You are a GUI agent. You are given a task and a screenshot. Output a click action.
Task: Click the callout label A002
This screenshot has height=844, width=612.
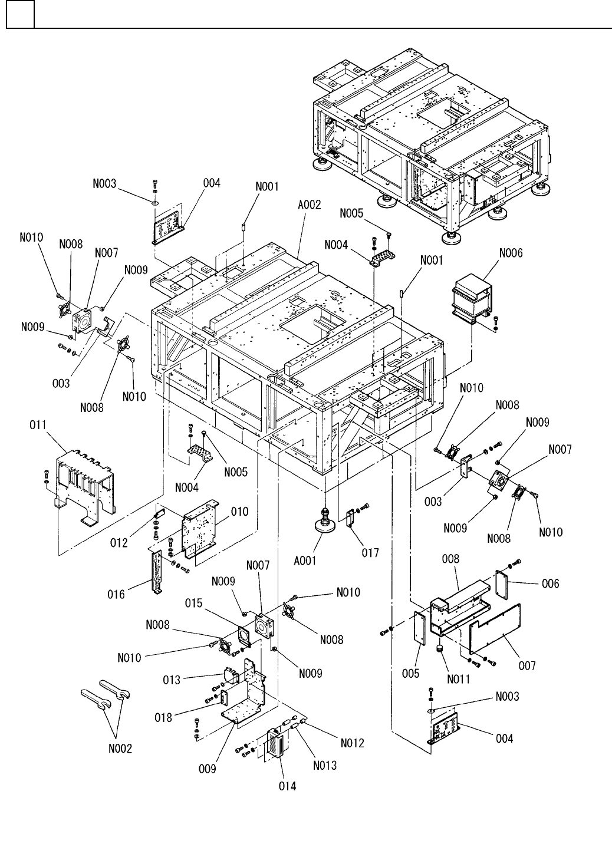(309, 206)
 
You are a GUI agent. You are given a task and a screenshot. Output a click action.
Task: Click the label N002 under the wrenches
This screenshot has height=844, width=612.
(120, 749)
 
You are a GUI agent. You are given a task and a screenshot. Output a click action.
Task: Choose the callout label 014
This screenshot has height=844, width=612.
(288, 786)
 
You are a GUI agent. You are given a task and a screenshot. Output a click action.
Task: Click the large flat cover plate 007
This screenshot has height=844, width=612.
(495, 631)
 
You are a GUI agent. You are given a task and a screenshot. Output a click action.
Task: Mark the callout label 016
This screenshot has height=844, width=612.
(116, 595)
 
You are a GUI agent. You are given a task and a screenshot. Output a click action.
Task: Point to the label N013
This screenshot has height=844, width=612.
(325, 765)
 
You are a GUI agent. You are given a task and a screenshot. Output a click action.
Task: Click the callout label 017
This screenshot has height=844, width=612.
(370, 553)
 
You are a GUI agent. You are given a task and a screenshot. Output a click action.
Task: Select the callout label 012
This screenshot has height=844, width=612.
(119, 542)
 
